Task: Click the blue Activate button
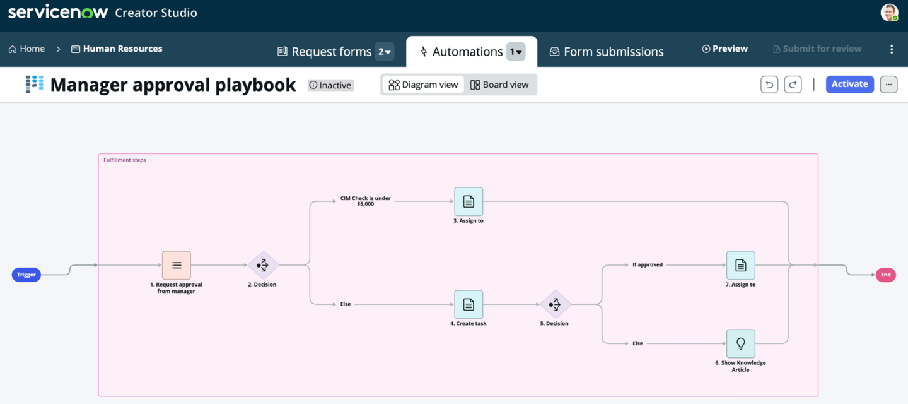point(849,85)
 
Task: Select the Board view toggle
point(499,85)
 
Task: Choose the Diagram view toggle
point(423,85)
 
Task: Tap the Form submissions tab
point(607,52)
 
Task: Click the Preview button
point(725,49)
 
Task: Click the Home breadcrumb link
point(26,49)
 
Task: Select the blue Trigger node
point(26,275)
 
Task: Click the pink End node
point(886,275)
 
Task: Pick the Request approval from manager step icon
point(177,265)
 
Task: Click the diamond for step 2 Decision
point(263,265)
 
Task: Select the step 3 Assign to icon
point(469,201)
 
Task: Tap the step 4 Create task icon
point(469,304)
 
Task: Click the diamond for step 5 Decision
point(556,304)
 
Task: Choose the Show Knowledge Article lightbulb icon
point(740,343)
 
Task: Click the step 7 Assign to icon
point(740,265)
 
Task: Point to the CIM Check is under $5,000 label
point(365,201)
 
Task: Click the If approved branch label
point(648,265)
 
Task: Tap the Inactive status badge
point(331,85)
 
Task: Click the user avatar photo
point(889,13)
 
